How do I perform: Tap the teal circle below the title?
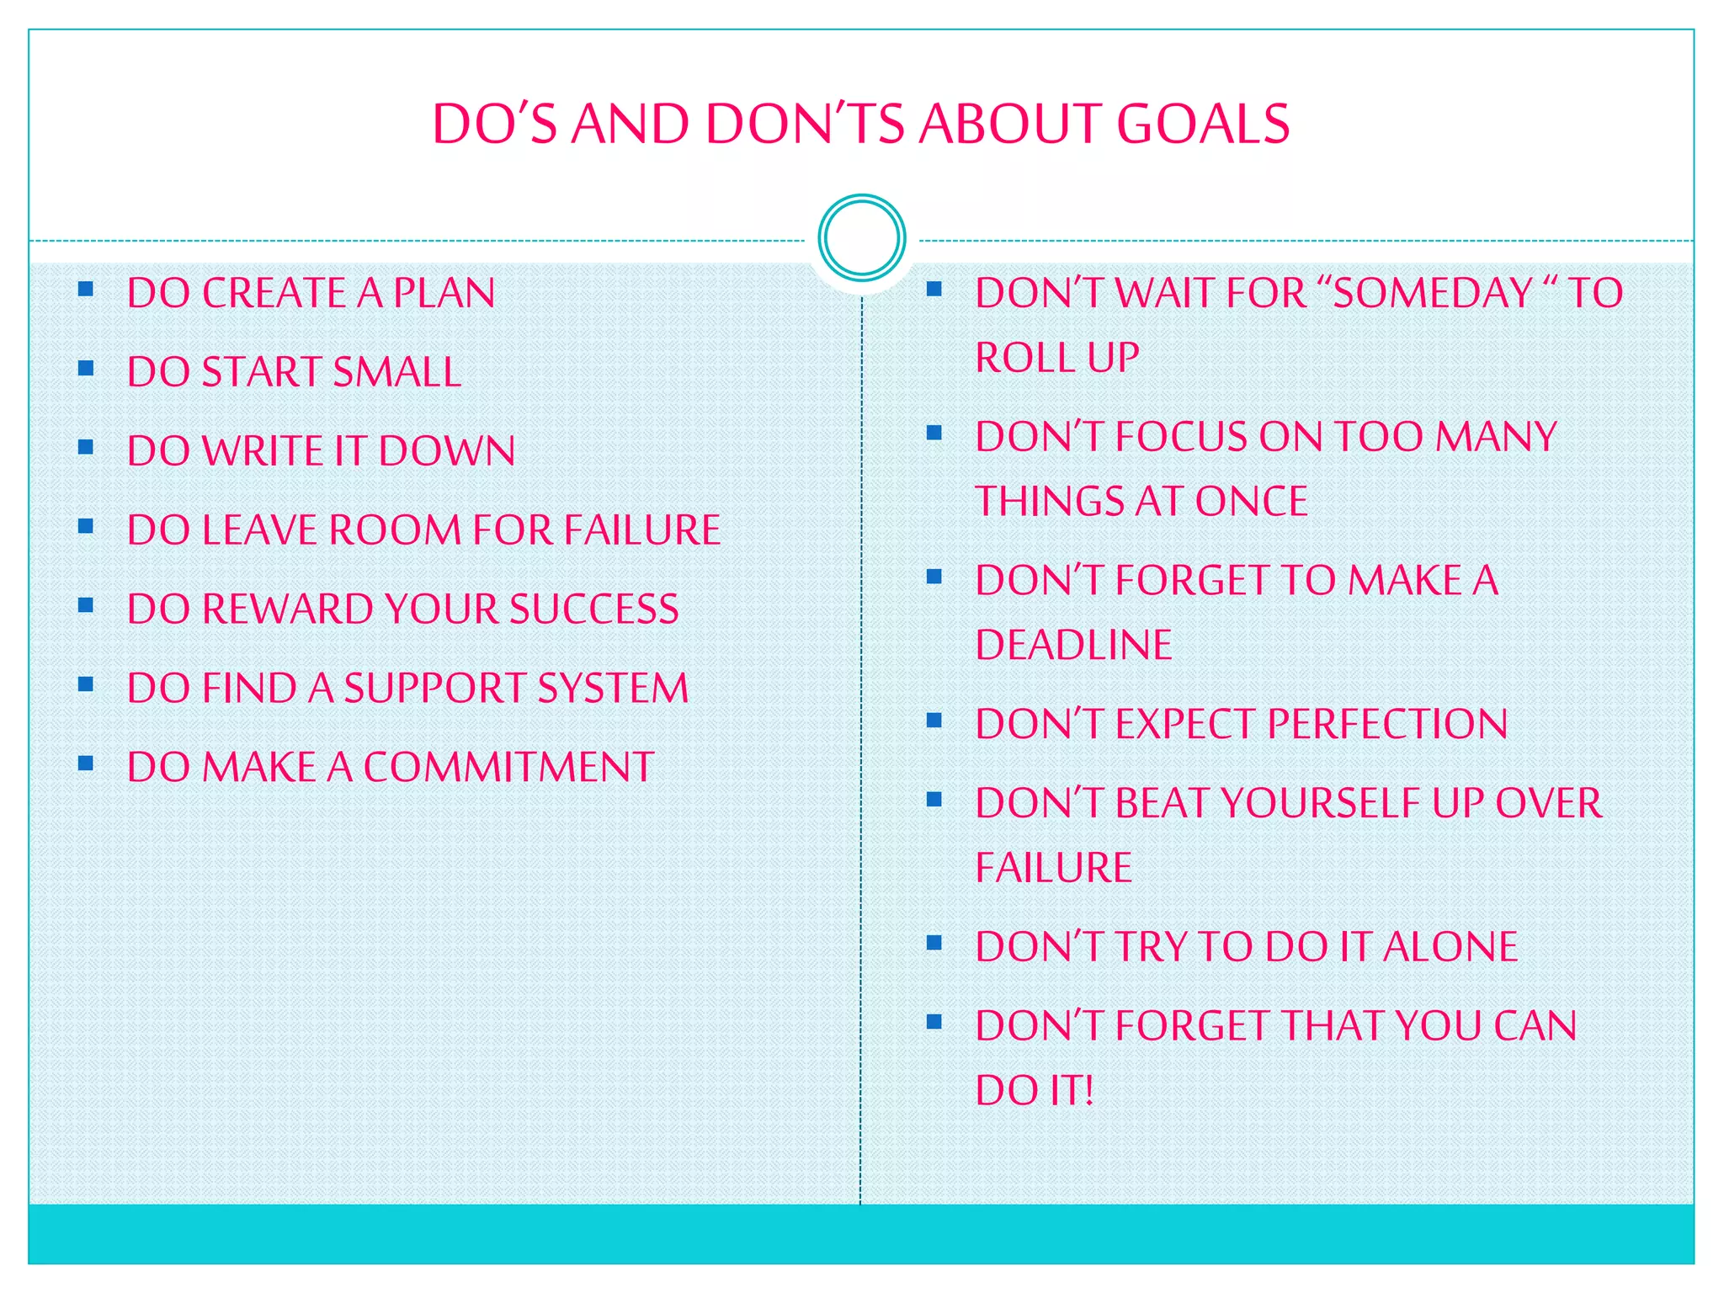(x=861, y=238)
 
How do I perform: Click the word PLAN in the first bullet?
(x=444, y=293)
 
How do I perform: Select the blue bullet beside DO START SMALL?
(x=85, y=368)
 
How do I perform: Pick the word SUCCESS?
(x=593, y=609)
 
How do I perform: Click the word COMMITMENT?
(x=508, y=767)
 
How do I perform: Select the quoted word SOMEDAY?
(x=1433, y=293)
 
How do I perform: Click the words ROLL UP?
(x=1057, y=358)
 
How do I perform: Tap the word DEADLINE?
(x=1073, y=646)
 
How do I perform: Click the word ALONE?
(x=1450, y=947)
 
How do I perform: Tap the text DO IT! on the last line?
(x=1035, y=1091)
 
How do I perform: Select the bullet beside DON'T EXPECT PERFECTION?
(x=934, y=721)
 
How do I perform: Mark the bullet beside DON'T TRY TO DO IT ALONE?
(x=934, y=943)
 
